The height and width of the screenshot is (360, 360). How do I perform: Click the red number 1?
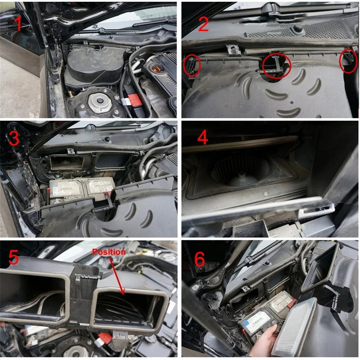(18, 24)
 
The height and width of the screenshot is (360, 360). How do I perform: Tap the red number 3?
(13, 138)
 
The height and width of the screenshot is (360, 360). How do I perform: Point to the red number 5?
(13, 258)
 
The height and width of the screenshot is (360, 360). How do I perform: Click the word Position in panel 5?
(108, 252)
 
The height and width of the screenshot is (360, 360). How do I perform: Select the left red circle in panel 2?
(191, 66)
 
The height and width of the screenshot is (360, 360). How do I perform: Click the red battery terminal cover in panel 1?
(134, 100)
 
